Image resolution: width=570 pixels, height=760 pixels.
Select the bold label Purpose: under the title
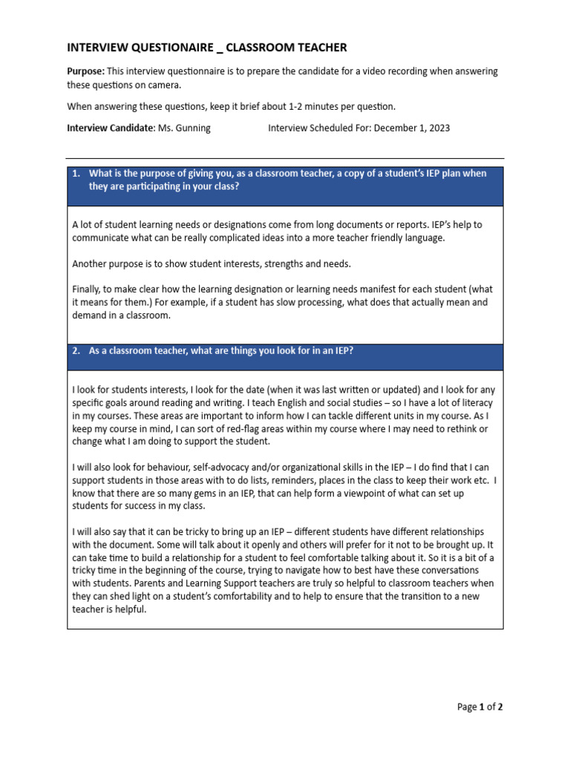point(85,71)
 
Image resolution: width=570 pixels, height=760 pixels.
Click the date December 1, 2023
point(412,128)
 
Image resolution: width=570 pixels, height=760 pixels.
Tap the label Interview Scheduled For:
point(319,128)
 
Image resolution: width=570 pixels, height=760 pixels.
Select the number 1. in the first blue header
point(76,174)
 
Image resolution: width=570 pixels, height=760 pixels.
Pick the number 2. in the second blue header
point(76,351)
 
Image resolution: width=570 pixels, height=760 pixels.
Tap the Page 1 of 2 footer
point(479,707)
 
